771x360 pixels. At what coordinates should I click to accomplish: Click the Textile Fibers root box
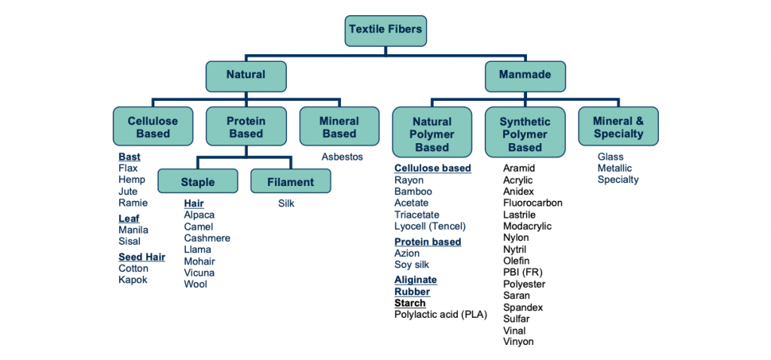click(x=385, y=30)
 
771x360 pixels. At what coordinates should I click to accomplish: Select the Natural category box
click(x=245, y=75)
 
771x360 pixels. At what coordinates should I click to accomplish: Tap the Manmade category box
click(x=525, y=75)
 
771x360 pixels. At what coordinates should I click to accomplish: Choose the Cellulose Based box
click(x=153, y=127)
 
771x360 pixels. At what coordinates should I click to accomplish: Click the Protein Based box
click(x=245, y=127)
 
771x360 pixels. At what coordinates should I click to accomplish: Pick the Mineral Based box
click(x=339, y=127)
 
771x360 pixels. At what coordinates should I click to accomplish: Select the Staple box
click(x=197, y=182)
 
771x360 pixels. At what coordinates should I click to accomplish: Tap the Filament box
click(x=291, y=182)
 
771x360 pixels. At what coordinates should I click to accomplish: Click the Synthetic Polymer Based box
click(x=525, y=133)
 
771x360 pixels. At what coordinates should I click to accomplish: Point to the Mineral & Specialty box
click(x=618, y=127)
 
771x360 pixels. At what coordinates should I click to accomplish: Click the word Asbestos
click(x=342, y=157)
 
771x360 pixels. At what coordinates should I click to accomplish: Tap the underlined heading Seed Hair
click(x=142, y=257)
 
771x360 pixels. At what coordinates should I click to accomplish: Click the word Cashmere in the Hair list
click(x=207, y=238)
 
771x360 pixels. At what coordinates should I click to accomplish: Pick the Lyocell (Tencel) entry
click(x=430, y=226)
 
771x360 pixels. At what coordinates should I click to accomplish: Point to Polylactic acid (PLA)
click(x=440, y=314)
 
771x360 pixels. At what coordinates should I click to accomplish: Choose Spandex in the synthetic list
click(x=523, y=307)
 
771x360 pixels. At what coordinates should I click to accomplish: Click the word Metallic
click(x=614, y=168)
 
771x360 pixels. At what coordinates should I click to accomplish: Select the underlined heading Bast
click(x=130, y=157)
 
